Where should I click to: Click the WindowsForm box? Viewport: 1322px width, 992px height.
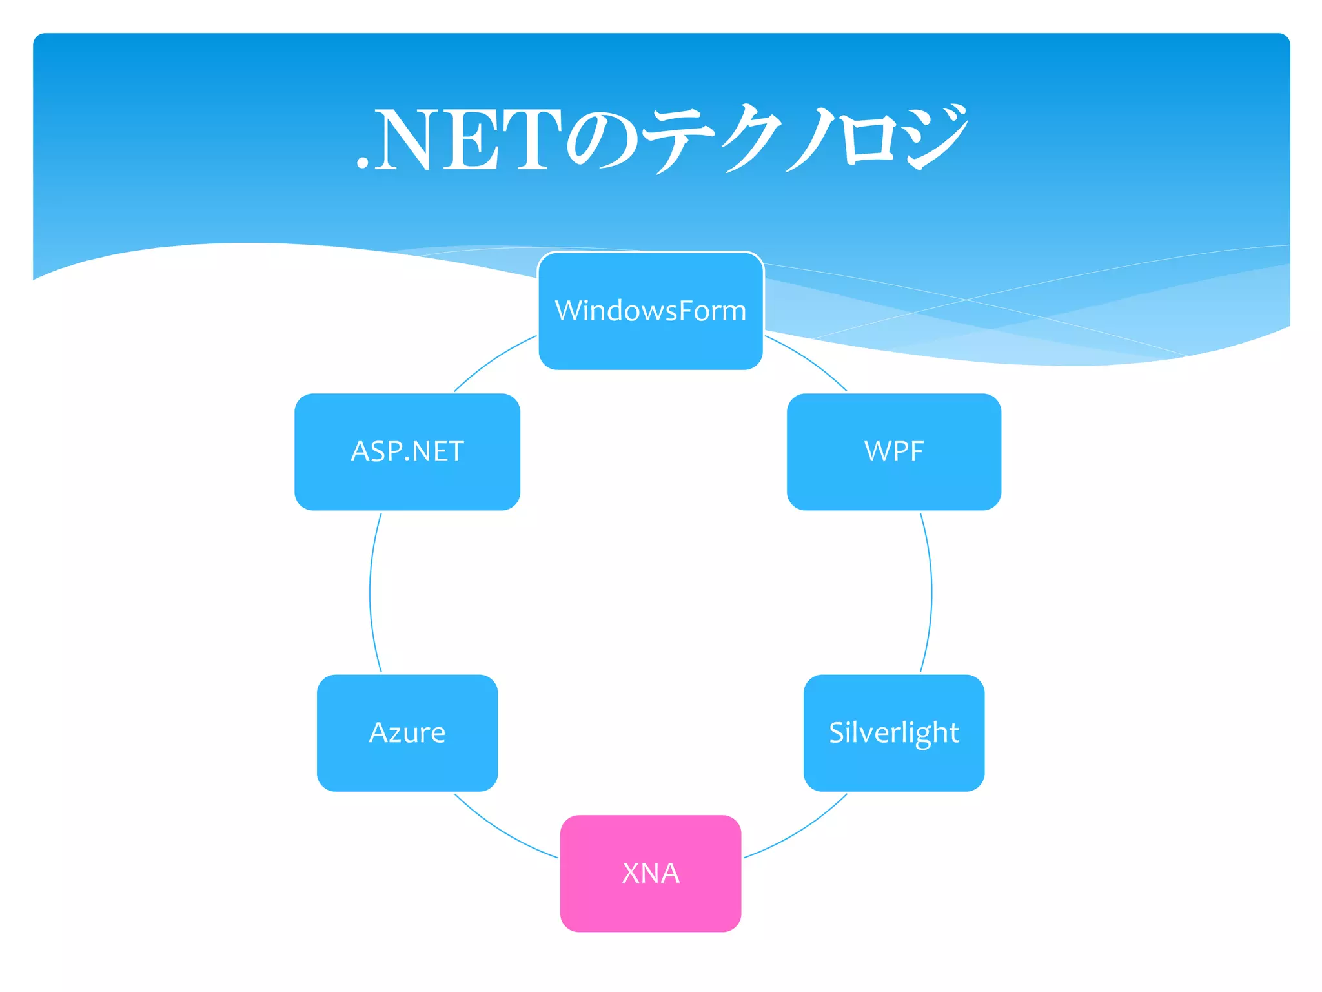(x=651, y=311)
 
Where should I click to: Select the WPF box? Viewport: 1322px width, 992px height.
(x=894, y=451)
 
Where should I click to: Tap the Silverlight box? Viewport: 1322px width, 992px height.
(x=894, y=732)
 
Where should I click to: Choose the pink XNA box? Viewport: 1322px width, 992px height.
(x=651, y=873)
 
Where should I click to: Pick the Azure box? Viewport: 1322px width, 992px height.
(x=407, y=732)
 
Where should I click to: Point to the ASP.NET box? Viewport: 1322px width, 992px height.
(x=407, y=451)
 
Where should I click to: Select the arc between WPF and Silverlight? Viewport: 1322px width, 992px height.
(x=931, y=592)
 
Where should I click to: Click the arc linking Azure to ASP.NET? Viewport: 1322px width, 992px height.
(x=371, y=592)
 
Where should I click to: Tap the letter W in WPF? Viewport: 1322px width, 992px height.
(x=877, y=451)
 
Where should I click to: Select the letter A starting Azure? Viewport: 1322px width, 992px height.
(x=378, y=732)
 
